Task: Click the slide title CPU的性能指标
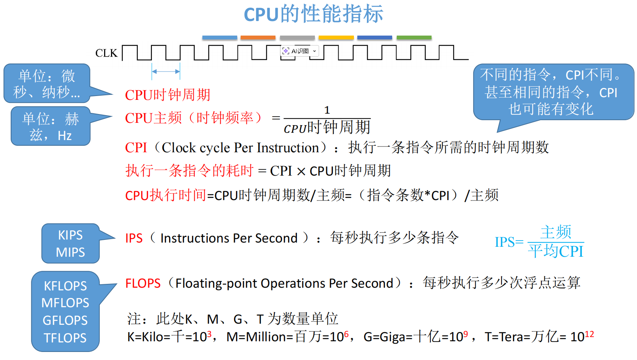313,15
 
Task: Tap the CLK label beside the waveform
106,53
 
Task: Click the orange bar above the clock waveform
258,37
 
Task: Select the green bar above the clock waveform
414,37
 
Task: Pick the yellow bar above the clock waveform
336,37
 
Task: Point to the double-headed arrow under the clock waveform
166,72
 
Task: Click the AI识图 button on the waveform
300,51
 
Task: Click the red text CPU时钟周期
168,95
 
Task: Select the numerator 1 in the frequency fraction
327,110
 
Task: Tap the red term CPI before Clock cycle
136,148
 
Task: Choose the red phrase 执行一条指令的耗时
189,171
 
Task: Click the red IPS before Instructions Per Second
134,238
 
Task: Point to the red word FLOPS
143,283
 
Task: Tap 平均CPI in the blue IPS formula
556,251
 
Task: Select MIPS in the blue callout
70,252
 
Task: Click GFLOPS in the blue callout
65,320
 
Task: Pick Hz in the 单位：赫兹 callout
65,136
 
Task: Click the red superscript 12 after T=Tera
590,334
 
